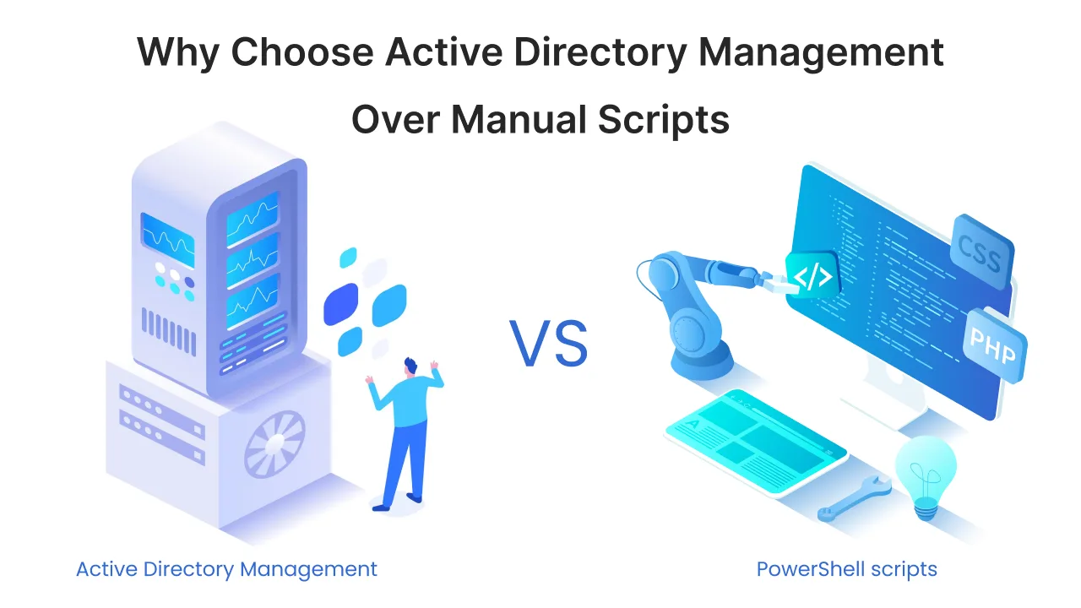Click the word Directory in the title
611,53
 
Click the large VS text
548,343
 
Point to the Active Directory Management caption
226,569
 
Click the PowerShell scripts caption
846,569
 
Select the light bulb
926,474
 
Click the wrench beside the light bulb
854,499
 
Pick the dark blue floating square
340,304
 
